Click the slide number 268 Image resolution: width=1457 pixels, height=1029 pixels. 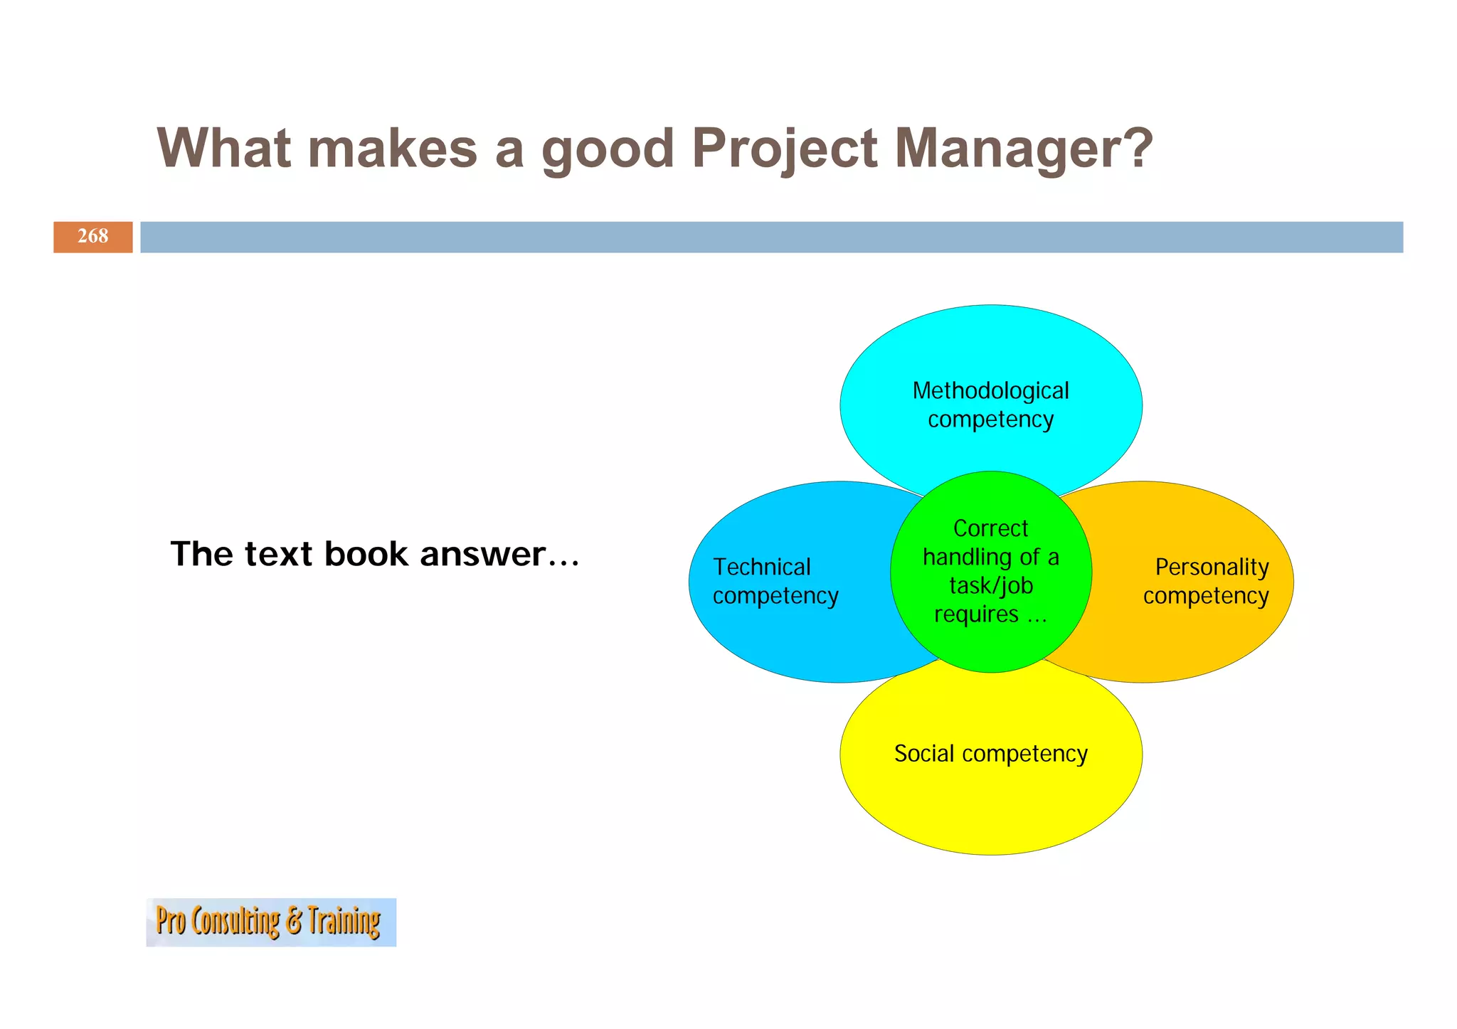tap(92, 236)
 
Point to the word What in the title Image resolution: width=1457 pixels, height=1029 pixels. tap(223, 149)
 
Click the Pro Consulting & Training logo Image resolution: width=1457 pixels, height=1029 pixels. tap(270, 922)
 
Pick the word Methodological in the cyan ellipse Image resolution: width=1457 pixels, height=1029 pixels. tap(990, 390)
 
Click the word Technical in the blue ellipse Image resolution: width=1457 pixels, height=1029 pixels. tap(761, 567)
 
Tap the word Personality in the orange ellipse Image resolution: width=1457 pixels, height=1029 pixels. tap(1212, 567)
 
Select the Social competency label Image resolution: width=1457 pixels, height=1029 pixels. tap(990, 753)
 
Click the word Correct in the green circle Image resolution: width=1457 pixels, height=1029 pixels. tap(990, 528)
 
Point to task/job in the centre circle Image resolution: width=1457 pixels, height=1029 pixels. tap(990, 585)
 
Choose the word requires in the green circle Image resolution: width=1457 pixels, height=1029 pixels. tap(976, 614)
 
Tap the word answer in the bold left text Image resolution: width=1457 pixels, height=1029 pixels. tap(482, 555)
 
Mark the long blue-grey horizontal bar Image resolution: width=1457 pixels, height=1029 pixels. tap(771, 237)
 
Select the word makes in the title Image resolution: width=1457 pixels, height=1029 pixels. tap(392, 149)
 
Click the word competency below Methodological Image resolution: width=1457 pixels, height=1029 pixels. tap(990, 420)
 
